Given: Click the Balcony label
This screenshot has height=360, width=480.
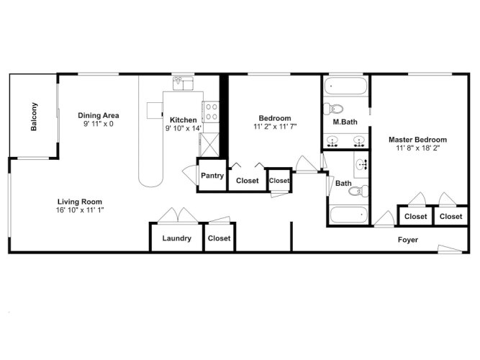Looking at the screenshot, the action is [34, 117].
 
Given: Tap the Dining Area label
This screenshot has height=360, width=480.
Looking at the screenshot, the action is [99, 115].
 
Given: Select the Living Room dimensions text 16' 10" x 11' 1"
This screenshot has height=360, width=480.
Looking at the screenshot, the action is [80, 210].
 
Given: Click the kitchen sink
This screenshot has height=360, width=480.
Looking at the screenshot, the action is [183, 84].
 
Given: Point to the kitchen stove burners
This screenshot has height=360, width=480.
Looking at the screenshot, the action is [212, 112].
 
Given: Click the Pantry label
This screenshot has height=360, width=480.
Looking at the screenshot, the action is [212, 176].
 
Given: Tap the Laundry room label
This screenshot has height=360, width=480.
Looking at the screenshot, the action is [176, 238].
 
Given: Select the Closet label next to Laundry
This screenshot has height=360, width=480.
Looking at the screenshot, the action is [219, 238].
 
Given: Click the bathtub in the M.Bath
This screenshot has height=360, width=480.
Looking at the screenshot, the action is [345, 86].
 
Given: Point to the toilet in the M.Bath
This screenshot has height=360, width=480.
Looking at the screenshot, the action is [333, 109].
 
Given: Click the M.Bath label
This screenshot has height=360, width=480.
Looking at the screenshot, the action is [345, 122].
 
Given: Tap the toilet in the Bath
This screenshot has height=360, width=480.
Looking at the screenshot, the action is [358, 191].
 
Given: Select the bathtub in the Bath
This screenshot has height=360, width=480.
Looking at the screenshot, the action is [349, 215].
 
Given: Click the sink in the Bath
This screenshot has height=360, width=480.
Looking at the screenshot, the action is [361, 164].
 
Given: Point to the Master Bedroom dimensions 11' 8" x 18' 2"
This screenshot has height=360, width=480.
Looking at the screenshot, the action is [418, 148].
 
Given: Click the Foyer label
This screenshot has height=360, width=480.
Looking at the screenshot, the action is [408, 240].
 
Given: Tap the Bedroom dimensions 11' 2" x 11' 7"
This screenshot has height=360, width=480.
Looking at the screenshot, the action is [275, 127].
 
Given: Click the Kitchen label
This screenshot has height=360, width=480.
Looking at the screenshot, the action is [183, 120].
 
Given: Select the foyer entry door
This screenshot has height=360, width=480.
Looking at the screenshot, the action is [450, 249].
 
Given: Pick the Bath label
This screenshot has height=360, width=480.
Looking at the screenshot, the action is [343, 183].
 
